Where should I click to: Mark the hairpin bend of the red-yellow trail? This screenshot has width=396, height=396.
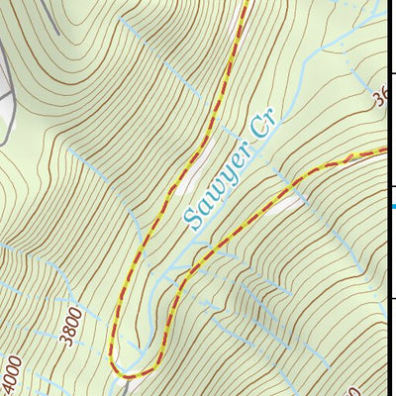[x=124, y=373]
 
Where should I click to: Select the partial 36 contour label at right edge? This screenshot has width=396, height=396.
[x=380, y=99]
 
